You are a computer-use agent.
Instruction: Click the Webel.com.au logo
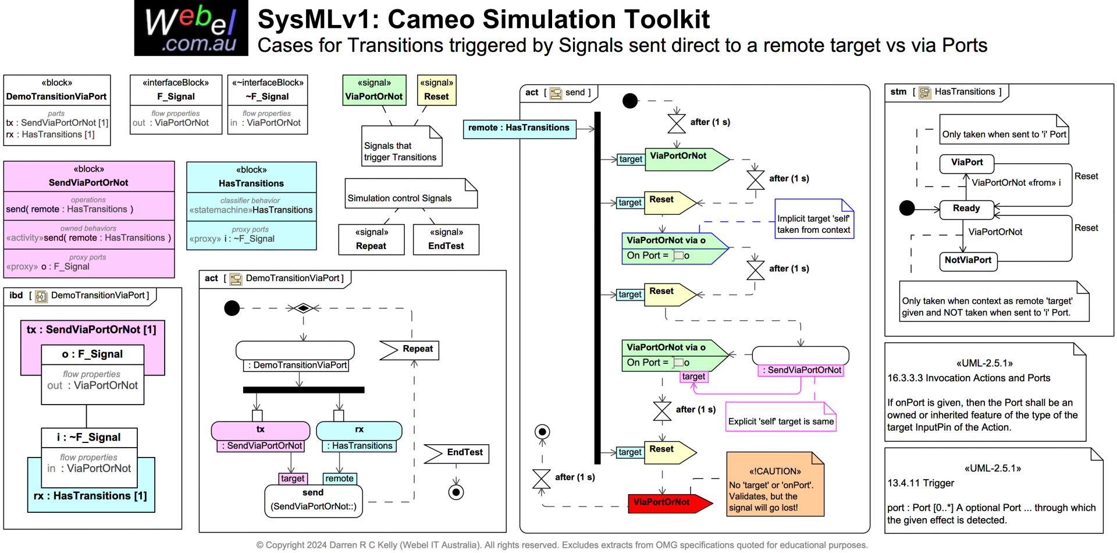191,28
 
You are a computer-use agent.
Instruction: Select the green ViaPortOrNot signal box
373,90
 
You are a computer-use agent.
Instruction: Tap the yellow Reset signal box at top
436,90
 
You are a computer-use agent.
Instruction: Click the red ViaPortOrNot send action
666,502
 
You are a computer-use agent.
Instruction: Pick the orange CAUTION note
775,484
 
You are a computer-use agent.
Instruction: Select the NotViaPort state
968,261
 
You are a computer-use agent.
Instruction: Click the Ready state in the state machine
966,209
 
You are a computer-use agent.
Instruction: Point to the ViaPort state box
966,163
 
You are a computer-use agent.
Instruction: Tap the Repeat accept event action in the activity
410,349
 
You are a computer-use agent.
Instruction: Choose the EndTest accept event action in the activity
457,453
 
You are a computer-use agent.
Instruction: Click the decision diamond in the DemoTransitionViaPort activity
303,308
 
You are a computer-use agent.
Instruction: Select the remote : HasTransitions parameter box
519,129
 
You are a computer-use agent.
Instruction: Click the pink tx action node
260,430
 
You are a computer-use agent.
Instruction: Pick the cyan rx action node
359,430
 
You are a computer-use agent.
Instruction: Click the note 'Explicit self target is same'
781,417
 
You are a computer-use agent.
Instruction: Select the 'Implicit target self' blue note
813,219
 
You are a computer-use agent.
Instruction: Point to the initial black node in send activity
630,101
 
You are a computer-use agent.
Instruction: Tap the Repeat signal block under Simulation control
371,239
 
